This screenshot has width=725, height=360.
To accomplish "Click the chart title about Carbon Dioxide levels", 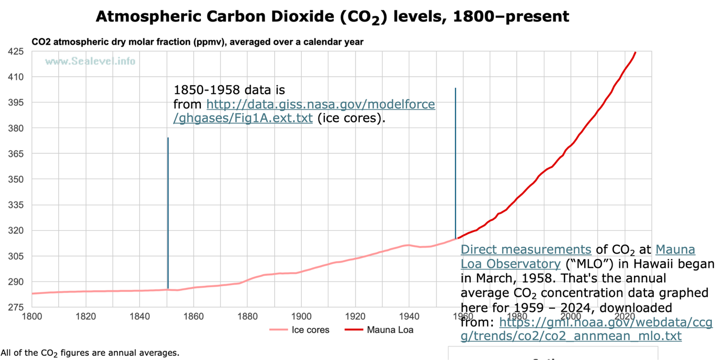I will pyautogui.click(x=332, y=17).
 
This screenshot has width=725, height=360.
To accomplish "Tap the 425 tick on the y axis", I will pyautogui.click(x=15, y=51).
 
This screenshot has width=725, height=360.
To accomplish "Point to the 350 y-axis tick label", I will pyautogui.click(x=15, y=179).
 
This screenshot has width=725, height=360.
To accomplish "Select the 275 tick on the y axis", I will pyautogui.click(x=15, y=307).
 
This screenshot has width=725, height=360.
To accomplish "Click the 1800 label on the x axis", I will pyautogui.click(x=32, y=317).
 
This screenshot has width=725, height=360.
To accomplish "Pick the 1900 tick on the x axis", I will pyautogui.click(x=301, y=317).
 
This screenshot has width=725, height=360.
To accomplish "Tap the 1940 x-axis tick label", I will pyautogui.click(x=409, y=317).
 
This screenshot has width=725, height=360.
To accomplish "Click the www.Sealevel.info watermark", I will pyautogui.click(x=90, y=61).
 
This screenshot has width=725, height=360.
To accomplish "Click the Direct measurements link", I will pyautogui.click(x=526, y=250).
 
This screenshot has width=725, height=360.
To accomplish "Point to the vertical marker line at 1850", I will pyautogui.click(x=168, y=209).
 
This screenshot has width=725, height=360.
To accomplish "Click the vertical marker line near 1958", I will pyautogui.click(x=456, y=157).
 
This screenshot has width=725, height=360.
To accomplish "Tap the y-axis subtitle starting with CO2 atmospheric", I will pyautogui.click(x=197, y=42).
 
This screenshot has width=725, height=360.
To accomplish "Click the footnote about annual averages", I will pyautogui.click(x=90, y=353).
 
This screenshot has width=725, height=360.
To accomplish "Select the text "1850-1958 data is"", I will pyautogui.click(x=229, y=89).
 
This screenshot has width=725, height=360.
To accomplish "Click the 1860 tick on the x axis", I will pyautogui.click(x=194, y=317).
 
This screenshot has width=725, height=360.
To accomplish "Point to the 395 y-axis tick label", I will pyautogui.click(x=15, y=103).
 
